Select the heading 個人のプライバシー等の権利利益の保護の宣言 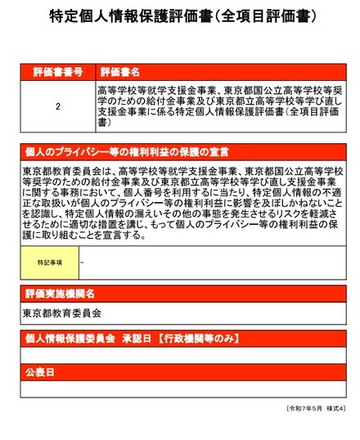coord(126,152)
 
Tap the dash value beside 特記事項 coord(83,262)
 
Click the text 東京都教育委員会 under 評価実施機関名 coord(62,312)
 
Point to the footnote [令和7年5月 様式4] coord(316,407)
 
